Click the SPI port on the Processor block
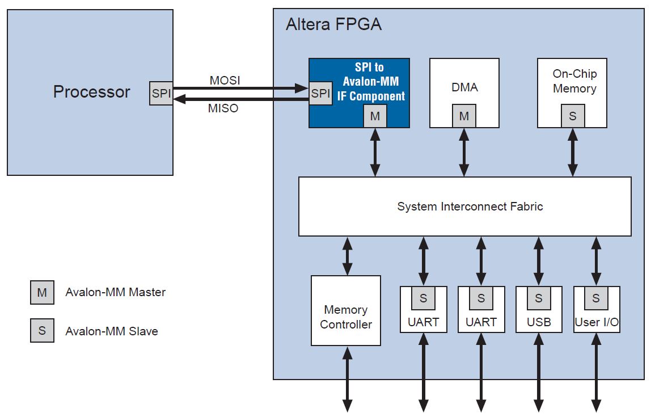(x=161, y=94)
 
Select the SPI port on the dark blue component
(x=320, y=94)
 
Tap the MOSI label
(x=225, y=81)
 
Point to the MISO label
(x=223, y=108)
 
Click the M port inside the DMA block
(x=464, y=116)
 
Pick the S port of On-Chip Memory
(x=572, y=116)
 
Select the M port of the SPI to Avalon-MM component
(x=375, y=116)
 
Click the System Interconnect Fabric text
(x=470, y=207)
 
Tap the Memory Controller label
(x=346, y=317)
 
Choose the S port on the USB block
(x=538, y=298)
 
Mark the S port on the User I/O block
(x=596, y=298)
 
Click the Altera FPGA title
(x=333, y=25)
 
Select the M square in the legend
(x=42, y=293)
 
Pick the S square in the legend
(x=42, y=331)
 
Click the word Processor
(x=91, y=92)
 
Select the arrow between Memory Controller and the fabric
(x=347, y=256)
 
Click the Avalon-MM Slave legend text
(x=112, y=331)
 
